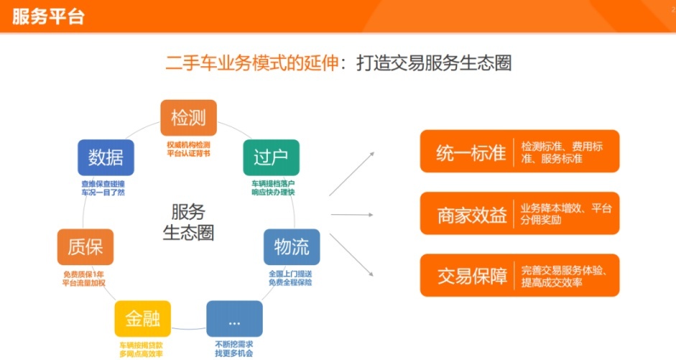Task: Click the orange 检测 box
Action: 188,118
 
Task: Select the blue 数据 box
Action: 106,157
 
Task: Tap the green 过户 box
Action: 271,157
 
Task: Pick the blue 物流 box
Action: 292,247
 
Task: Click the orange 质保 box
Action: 85,247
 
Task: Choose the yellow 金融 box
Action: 143,318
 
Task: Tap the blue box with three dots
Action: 234,318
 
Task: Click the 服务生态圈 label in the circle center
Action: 188,222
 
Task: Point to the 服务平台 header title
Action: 48,17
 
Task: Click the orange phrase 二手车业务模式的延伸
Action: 252,63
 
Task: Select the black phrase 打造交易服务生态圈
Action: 434,63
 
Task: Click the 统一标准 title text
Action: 471,153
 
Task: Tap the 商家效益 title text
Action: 472,215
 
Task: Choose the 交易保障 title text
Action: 472,277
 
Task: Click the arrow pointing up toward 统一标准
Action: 352,174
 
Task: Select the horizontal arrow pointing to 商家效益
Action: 352,214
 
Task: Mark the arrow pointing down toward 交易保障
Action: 351,255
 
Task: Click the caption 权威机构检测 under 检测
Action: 188,145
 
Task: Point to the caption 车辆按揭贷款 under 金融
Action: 141,346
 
